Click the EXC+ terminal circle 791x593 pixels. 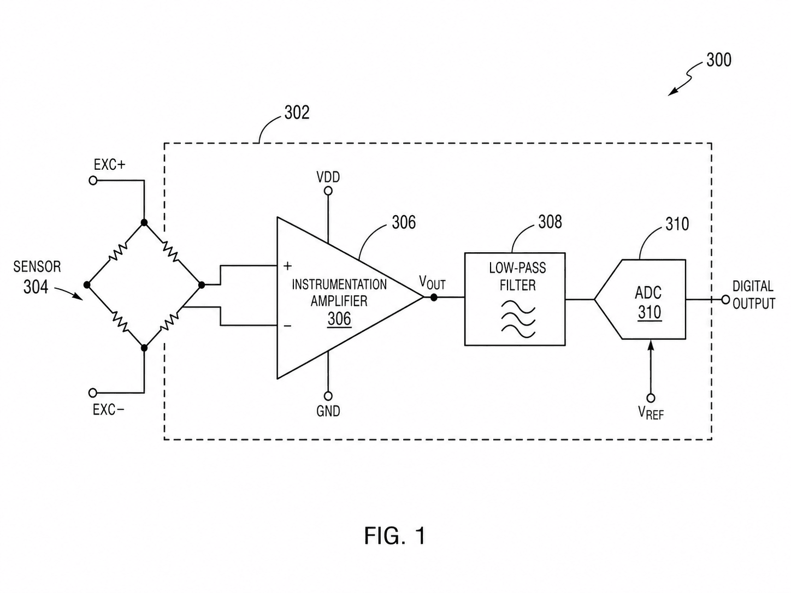[x=93, y=180]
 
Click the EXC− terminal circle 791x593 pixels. [x=93, y=392]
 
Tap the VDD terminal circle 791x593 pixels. [x=328, y=191]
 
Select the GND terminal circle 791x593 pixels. [x=328, y=396]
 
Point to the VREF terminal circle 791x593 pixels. [x=651, y=398]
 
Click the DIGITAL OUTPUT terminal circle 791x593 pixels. [x=726, y=300]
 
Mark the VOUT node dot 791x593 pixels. [x=434, y=298]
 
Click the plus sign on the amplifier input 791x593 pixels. [x=287, y=266]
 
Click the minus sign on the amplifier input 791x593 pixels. [x=287, y=326]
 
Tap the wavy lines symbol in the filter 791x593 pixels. [x=518, y=320]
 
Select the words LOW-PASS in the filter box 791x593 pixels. [x=517, y=268]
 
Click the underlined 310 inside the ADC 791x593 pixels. [x=650, y=312]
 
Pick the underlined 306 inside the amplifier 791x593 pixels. [x=339, y=319]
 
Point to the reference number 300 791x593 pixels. [x=719, y=60]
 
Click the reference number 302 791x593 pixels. [x=297, y=112]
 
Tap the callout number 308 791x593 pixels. [x=550, y=222]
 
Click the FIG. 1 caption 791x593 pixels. [x=395, y=535]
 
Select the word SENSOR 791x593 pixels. [x=37, y=267]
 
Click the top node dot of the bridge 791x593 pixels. [x=144, y=222]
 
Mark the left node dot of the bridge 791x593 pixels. [x=87, y=285]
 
